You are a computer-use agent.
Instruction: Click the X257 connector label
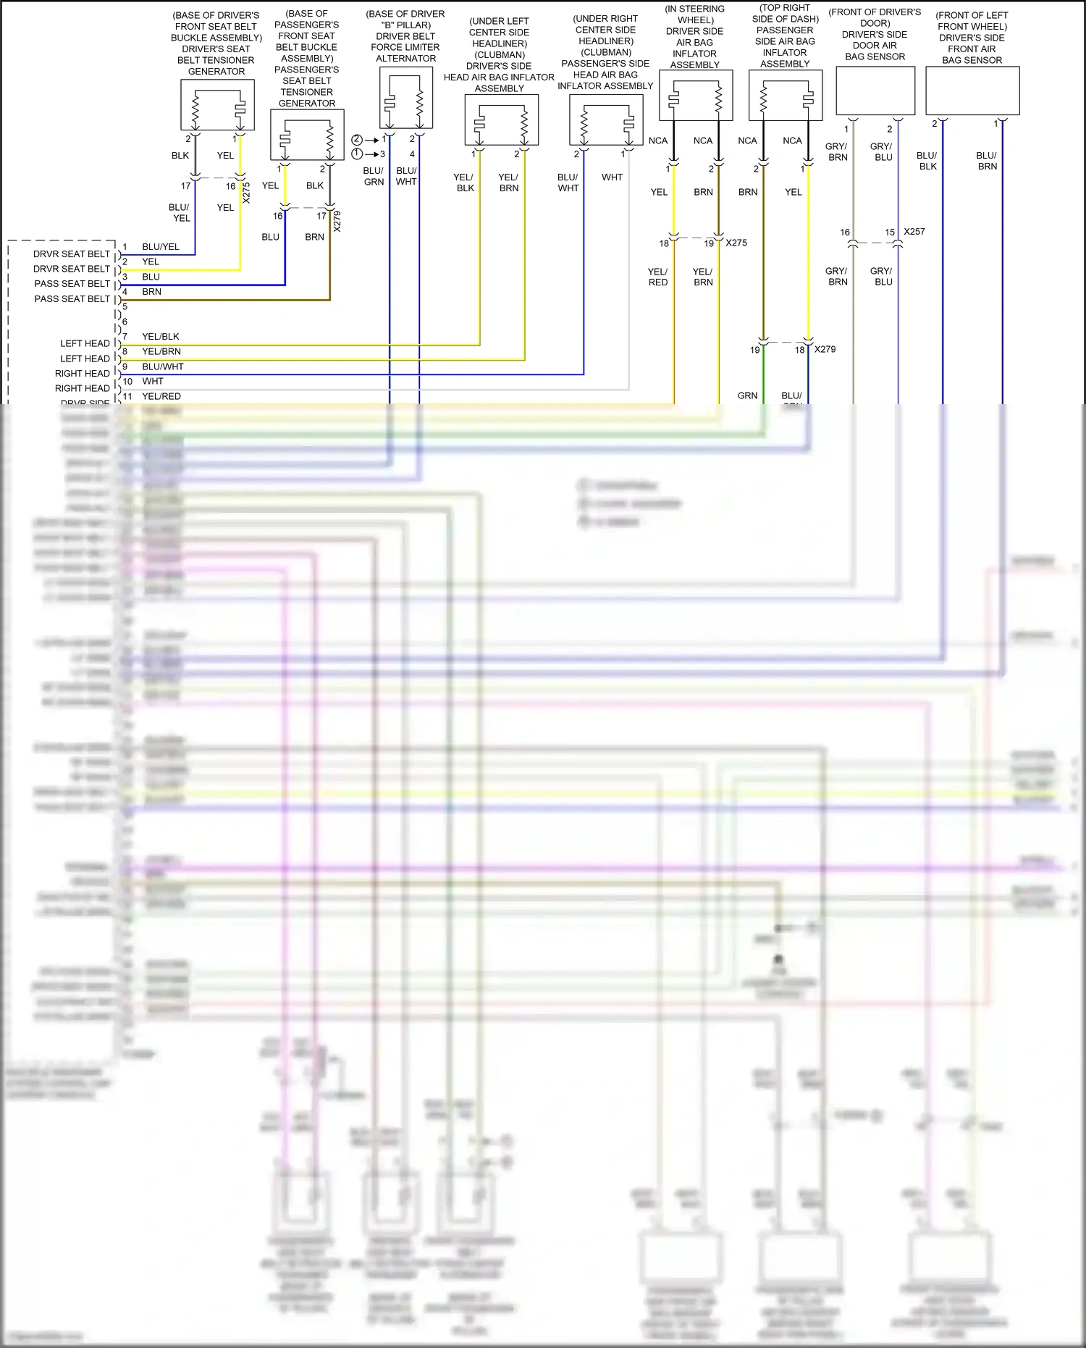click(914, 232)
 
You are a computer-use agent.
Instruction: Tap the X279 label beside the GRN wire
click(825, 349)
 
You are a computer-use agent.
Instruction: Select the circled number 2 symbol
click(357, 140)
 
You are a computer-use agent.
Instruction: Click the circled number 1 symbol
click(357, 154)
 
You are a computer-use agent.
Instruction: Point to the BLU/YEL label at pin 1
click(161, 247)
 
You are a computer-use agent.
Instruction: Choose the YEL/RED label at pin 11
click(161, 396)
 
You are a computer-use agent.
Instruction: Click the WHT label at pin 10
click(153, 381)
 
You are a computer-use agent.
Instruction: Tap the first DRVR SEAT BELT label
click(72, 254)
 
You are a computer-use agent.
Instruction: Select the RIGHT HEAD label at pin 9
click(83, 374)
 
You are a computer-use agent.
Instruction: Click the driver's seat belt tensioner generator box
click(217, 105)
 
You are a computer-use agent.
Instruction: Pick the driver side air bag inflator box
click(696, 96)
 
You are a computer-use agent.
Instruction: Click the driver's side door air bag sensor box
click(875, 91)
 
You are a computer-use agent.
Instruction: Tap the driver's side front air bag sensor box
click(972, 91)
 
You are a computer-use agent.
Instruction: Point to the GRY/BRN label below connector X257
click(837, 276)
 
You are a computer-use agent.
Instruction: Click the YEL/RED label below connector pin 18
click(658, 277)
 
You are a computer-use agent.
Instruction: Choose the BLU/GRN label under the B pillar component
click(374, 176)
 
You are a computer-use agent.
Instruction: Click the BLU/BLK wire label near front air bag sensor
click(927, 161)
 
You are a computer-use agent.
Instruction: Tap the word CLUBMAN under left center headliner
click(500, 55)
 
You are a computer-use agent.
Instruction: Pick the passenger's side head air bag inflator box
click(606, 120)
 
